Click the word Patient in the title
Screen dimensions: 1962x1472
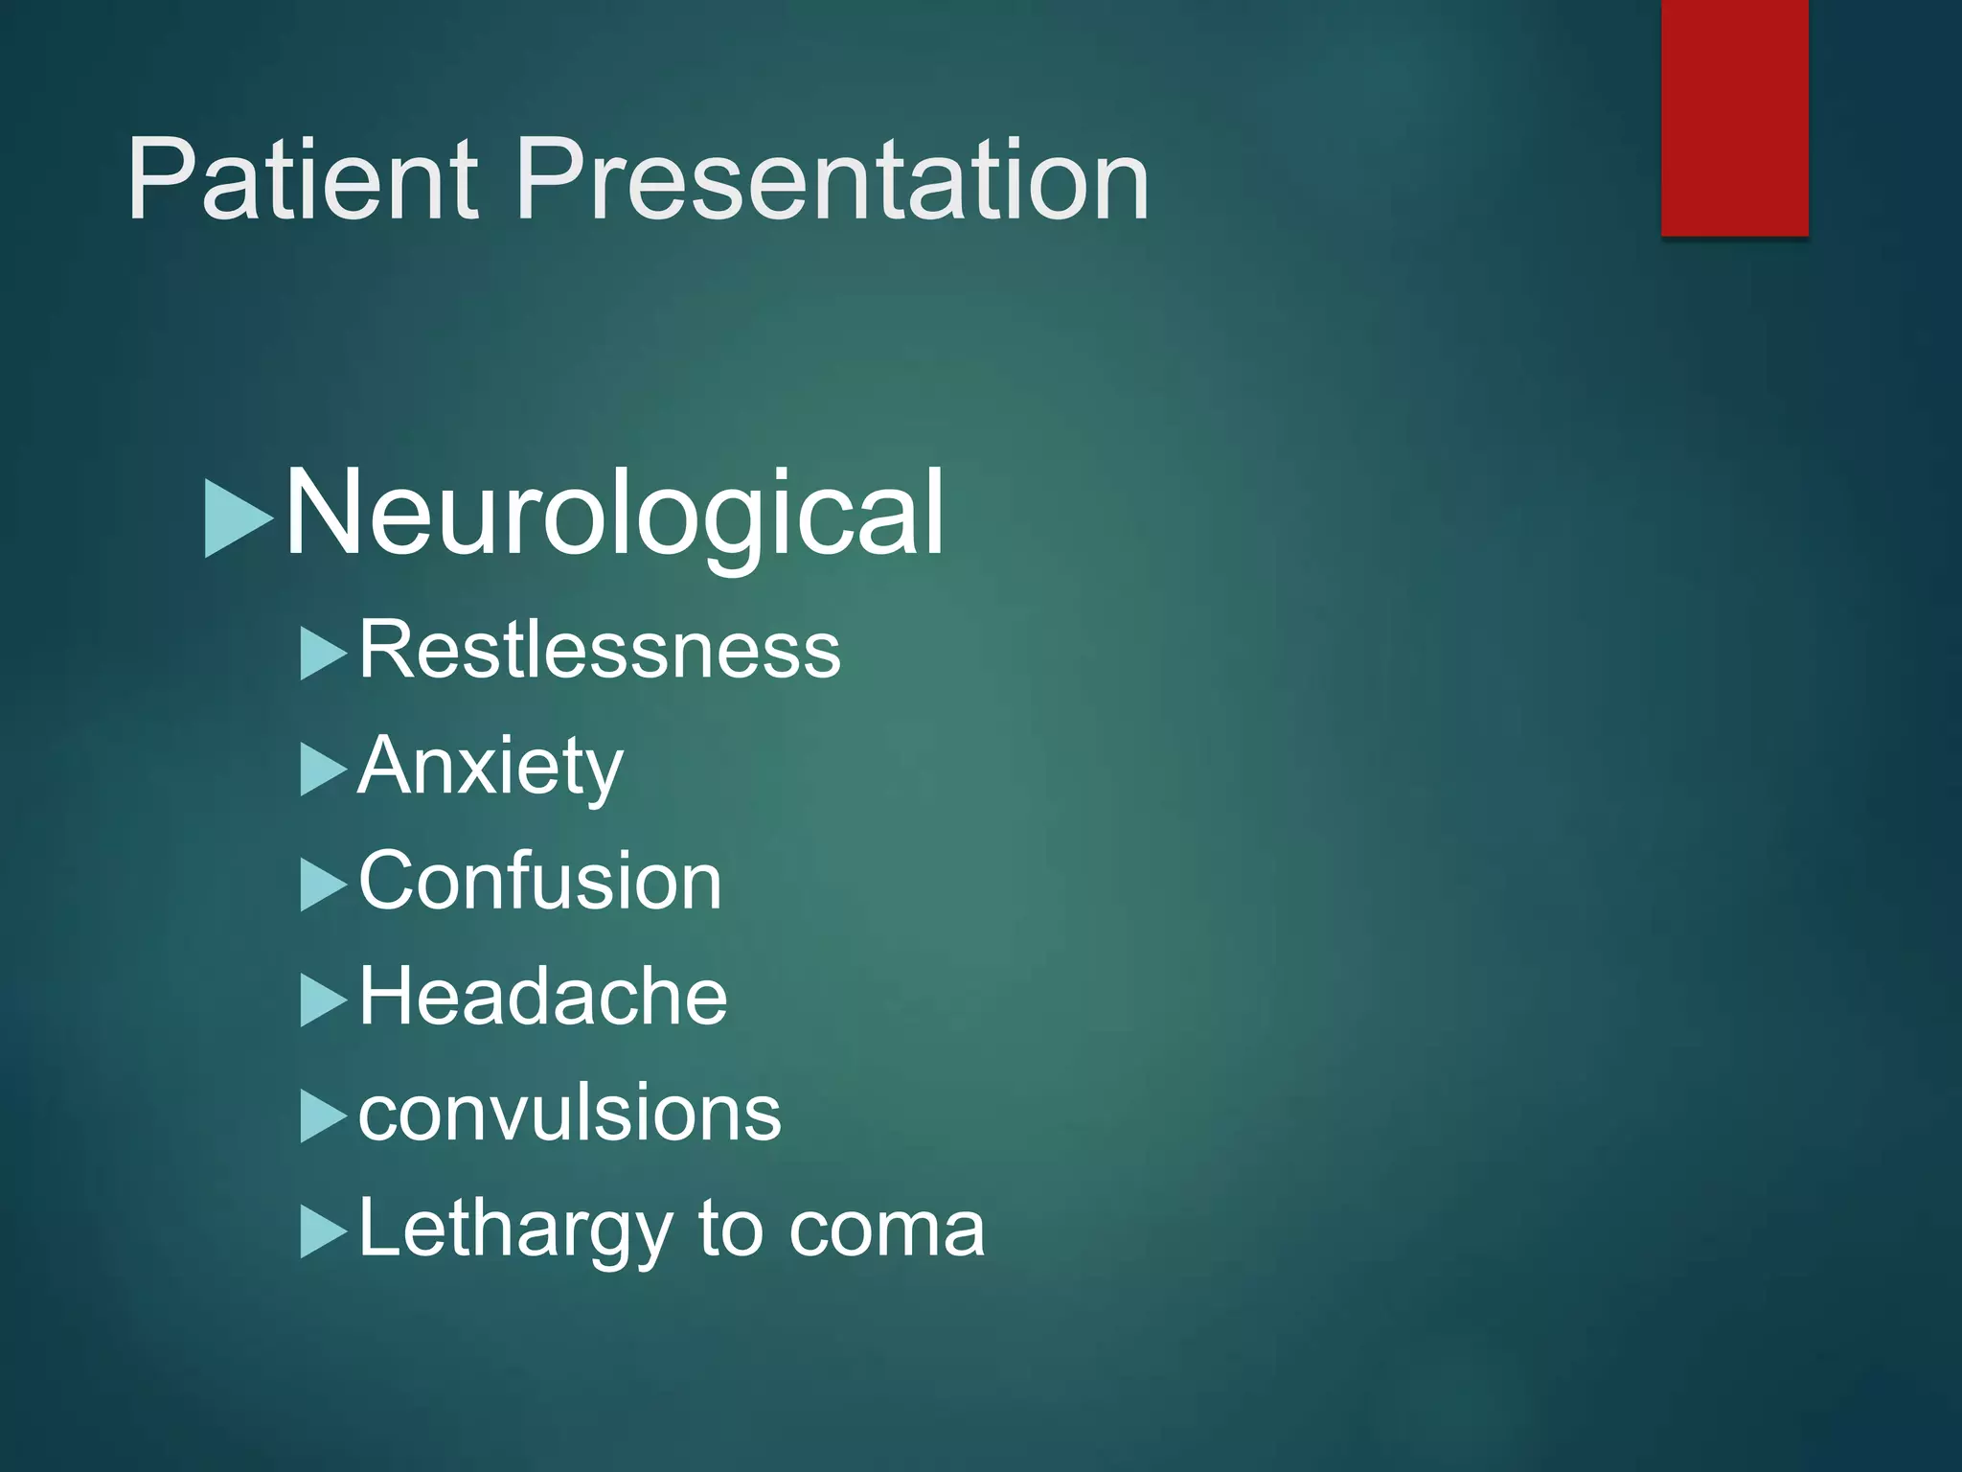[302, 179]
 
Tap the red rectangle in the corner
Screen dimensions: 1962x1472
[1734, 117]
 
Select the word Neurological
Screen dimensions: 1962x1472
[614, 514]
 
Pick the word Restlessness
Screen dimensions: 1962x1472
[600, 651]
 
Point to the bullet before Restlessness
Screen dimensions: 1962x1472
[321, 655]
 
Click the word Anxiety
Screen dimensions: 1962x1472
[490, 767]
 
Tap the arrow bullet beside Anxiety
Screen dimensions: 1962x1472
[321, 770]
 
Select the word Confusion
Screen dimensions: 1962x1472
[539, 882]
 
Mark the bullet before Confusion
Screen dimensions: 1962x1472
[321, 885]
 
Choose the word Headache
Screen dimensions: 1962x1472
[543, 998]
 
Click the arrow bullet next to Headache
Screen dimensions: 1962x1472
[321, 1000]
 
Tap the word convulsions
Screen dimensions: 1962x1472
[569, 1114]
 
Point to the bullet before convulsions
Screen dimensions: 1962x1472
[321, 1116]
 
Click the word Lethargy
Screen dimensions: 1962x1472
[515, 1230]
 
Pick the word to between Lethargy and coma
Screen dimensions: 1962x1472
[730, 1230]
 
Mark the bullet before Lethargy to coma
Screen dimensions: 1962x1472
[321, 1232]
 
